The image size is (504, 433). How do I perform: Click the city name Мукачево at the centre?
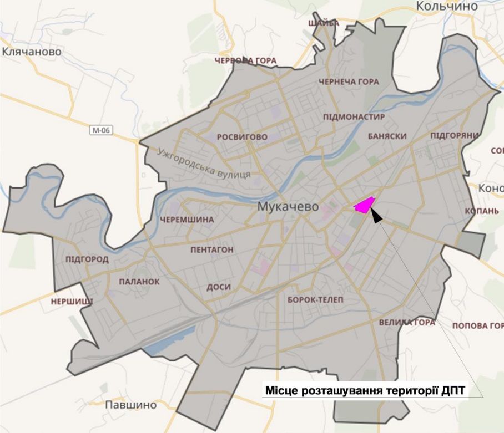[288, 207]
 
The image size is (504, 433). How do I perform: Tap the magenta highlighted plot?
[364, 205]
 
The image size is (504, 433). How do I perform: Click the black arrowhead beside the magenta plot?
[376, 216]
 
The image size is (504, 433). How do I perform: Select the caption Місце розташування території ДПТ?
[365, 391]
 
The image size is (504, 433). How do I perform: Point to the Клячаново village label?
[32, 52]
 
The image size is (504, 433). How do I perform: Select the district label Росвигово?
[242, 137]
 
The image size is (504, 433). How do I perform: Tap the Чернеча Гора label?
[349, 82]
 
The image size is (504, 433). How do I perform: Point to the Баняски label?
[387, 136]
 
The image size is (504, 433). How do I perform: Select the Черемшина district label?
[187, 220]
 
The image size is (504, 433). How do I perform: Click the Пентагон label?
[211, 250]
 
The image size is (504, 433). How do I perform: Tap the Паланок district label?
[139, 282]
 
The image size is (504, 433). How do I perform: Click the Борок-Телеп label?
[315, 300]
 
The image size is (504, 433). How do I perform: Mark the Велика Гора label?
[407, 322]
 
